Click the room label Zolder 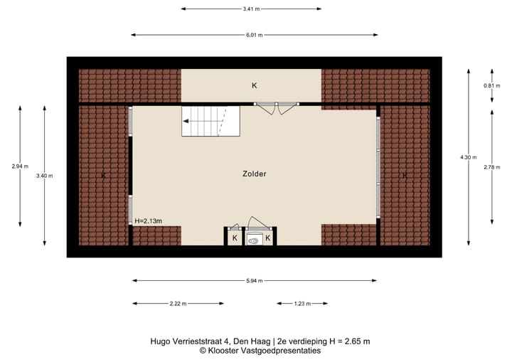[253, 173]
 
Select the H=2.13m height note [148, 220]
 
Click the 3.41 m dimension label [250, 9]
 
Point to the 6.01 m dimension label [254, 34]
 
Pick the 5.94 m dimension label [254, 280]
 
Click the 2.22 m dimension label [178, 304]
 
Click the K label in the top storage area [254, 85]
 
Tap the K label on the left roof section [103, 175]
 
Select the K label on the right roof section [405, 175]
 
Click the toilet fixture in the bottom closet [254, 240]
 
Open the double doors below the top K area [276, 108]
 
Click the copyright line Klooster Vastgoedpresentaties [260, 351]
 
